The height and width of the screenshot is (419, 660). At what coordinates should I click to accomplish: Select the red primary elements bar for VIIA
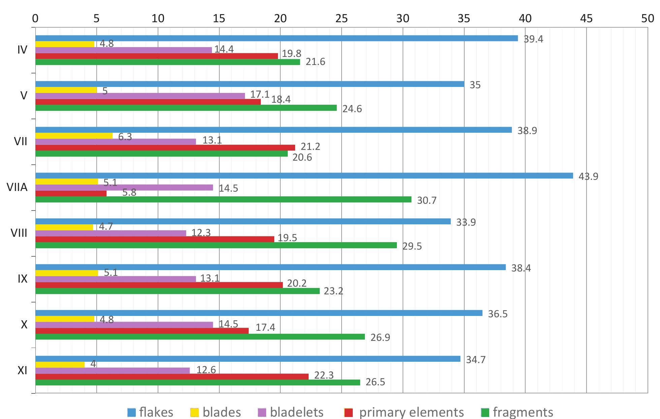click(71, 194)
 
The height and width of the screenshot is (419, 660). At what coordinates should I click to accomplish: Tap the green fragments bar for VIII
click(216, 245)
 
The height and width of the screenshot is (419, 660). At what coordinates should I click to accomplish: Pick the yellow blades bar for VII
click(74, 136)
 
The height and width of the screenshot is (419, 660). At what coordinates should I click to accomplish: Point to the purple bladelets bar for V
click(140, 96)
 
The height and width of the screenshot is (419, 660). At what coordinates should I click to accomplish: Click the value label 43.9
click(588, 176)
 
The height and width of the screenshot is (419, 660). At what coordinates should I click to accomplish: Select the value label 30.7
click(427, 200)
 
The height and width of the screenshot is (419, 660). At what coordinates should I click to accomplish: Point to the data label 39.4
click(533, 39)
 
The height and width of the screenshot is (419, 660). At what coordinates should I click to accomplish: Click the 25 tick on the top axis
click(342, 19)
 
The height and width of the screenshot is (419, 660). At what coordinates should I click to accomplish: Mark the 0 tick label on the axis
click(35, 19)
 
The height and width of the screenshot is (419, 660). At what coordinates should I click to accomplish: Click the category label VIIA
click(17, 187)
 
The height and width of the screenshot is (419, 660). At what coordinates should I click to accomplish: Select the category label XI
click(22, 370)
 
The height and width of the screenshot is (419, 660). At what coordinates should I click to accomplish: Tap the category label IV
click(22, 50)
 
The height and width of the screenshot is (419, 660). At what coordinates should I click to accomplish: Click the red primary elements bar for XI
click(172, 377)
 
